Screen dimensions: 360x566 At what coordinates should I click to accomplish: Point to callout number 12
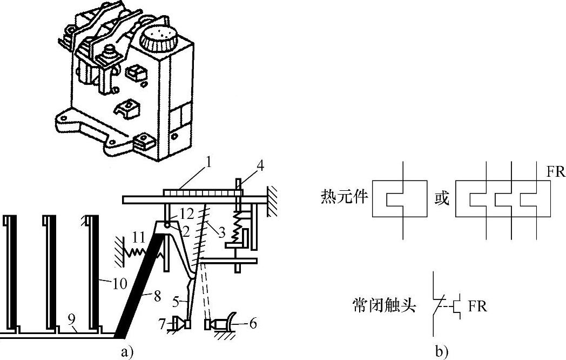click(172, 215)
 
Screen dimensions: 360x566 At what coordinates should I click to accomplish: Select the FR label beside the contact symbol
click(477, 306)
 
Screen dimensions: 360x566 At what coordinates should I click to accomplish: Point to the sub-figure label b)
click(441, 352)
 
